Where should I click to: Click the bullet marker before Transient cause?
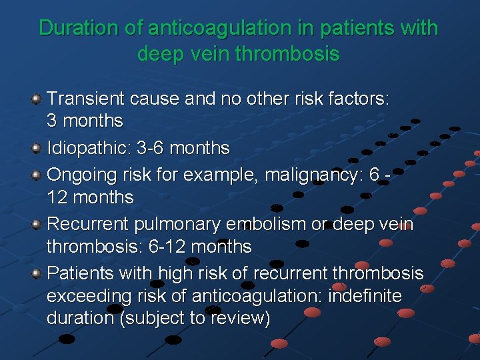[37, 99]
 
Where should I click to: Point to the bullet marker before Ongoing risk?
[37, 175]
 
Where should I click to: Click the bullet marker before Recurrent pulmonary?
[37, 225]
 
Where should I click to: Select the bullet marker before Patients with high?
[37, 273]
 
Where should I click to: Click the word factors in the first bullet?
[359, 99]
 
